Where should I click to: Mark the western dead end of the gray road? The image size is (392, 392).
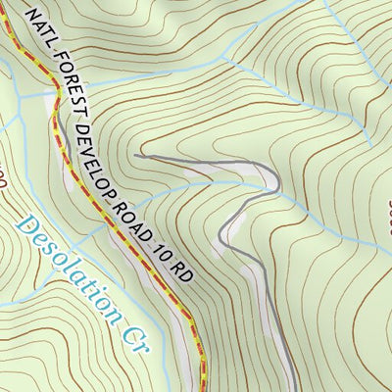point(136,154)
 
